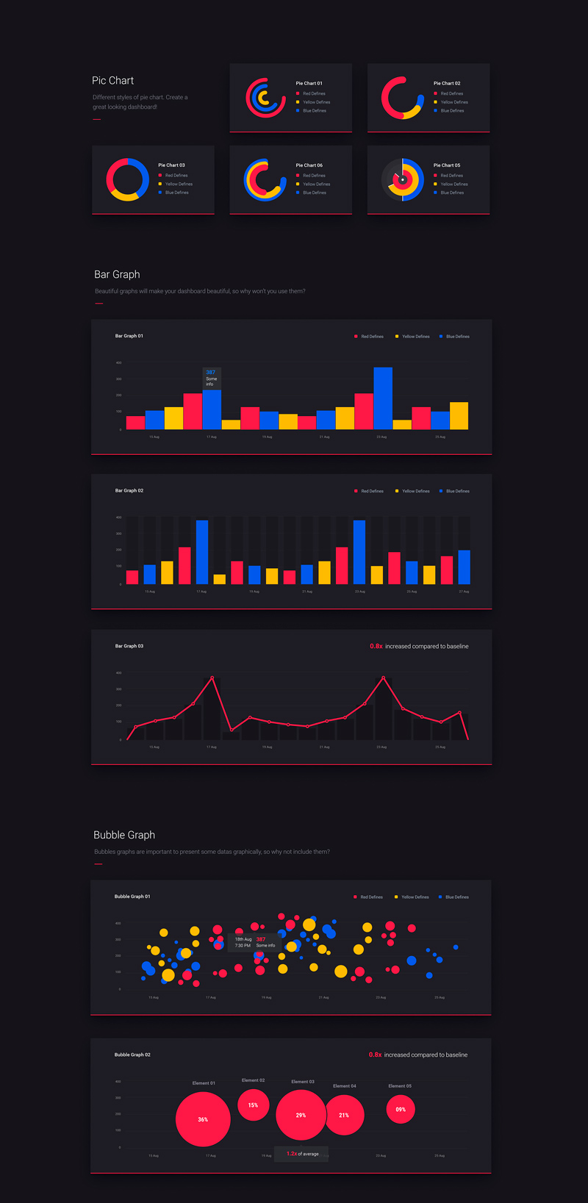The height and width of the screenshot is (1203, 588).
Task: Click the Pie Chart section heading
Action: (112, 81)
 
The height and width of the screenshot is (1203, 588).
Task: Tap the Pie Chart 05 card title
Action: (447, 165)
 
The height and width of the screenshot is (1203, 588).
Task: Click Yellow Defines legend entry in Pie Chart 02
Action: (451, 102)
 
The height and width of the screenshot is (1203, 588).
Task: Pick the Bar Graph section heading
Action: (117, 275)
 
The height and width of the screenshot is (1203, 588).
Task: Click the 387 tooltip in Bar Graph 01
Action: (212, 378)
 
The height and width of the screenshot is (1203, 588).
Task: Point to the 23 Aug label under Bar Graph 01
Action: (381, 437)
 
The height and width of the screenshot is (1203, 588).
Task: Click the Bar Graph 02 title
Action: (129, 491)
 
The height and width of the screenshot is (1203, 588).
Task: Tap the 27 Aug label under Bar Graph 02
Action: (464, 592)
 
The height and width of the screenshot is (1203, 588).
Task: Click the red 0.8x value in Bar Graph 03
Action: (376, 647)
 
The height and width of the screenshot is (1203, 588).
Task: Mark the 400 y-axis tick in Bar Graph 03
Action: (118, 673)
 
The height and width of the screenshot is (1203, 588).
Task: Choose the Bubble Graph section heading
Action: (124, 836)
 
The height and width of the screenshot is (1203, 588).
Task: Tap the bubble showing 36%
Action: (203, 1119)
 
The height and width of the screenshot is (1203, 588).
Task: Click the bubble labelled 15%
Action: (253, 1105)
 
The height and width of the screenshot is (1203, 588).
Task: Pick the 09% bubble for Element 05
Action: (401, 1110)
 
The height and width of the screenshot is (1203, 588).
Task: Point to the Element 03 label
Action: (303, 1082)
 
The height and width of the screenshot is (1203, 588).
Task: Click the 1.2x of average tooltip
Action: (302, 1154)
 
